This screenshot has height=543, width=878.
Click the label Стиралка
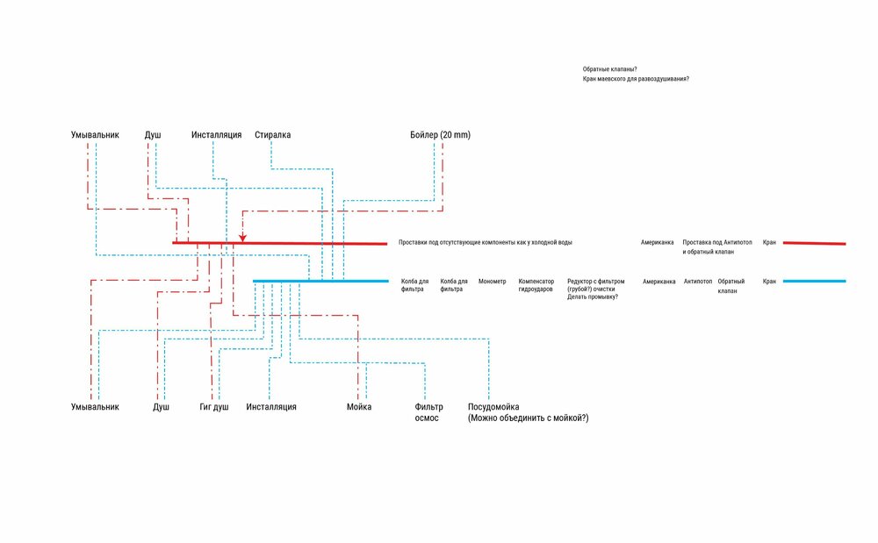click(272, 135)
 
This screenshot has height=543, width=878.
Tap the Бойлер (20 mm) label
click(440, 135)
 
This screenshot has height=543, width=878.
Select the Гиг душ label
click(214, 407)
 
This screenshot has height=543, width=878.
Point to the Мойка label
click(359, 407)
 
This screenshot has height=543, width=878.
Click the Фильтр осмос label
click(428, 412)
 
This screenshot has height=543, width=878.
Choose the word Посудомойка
click(494, 407)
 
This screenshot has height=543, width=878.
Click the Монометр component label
click(493, 282)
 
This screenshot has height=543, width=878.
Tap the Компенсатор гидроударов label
click(536, 285)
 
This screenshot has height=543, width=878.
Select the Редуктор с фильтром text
click(596, 282)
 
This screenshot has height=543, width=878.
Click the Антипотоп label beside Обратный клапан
click(698, 282)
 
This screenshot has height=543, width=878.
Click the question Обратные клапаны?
click(609, 69)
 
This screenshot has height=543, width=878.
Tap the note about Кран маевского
click(636, 80)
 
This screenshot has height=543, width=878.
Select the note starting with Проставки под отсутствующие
click(491, 242)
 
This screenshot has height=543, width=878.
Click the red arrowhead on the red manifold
click(242, 237)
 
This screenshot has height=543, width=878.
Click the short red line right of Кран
click(814, 243)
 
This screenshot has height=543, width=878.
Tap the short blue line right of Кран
click(814, 282)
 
